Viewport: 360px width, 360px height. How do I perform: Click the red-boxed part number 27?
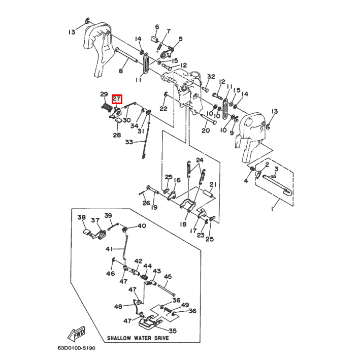[117, 99]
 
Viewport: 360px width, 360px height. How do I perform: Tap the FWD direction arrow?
[77, 334]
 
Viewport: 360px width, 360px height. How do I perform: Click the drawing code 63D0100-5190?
[77, 348]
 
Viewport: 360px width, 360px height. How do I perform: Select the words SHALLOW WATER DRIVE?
[138, 338]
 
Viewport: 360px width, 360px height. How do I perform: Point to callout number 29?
[104, 94]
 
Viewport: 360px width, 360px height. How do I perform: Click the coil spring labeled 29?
[106, 108]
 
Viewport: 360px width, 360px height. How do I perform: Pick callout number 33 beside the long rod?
[129, 142]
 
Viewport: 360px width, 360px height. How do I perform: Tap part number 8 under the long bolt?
[121, 71]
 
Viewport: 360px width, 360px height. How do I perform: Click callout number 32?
[211, 77]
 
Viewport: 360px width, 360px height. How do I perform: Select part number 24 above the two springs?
[200, 160]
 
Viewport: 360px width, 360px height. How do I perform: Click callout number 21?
[213, 185]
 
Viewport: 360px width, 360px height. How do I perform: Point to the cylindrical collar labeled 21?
[209, 193]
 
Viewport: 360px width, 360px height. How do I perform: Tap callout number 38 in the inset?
[82, 217]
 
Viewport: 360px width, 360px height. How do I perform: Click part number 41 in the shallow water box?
[109, 249]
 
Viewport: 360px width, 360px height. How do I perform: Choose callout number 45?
[168, 276]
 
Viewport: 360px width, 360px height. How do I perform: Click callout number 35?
[173, 331]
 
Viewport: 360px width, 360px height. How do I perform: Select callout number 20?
[206, 130]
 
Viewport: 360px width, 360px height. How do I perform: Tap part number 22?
[163, 108]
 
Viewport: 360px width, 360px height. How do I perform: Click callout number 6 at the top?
[157, 26]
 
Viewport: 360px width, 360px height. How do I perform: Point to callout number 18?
[183, 224]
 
